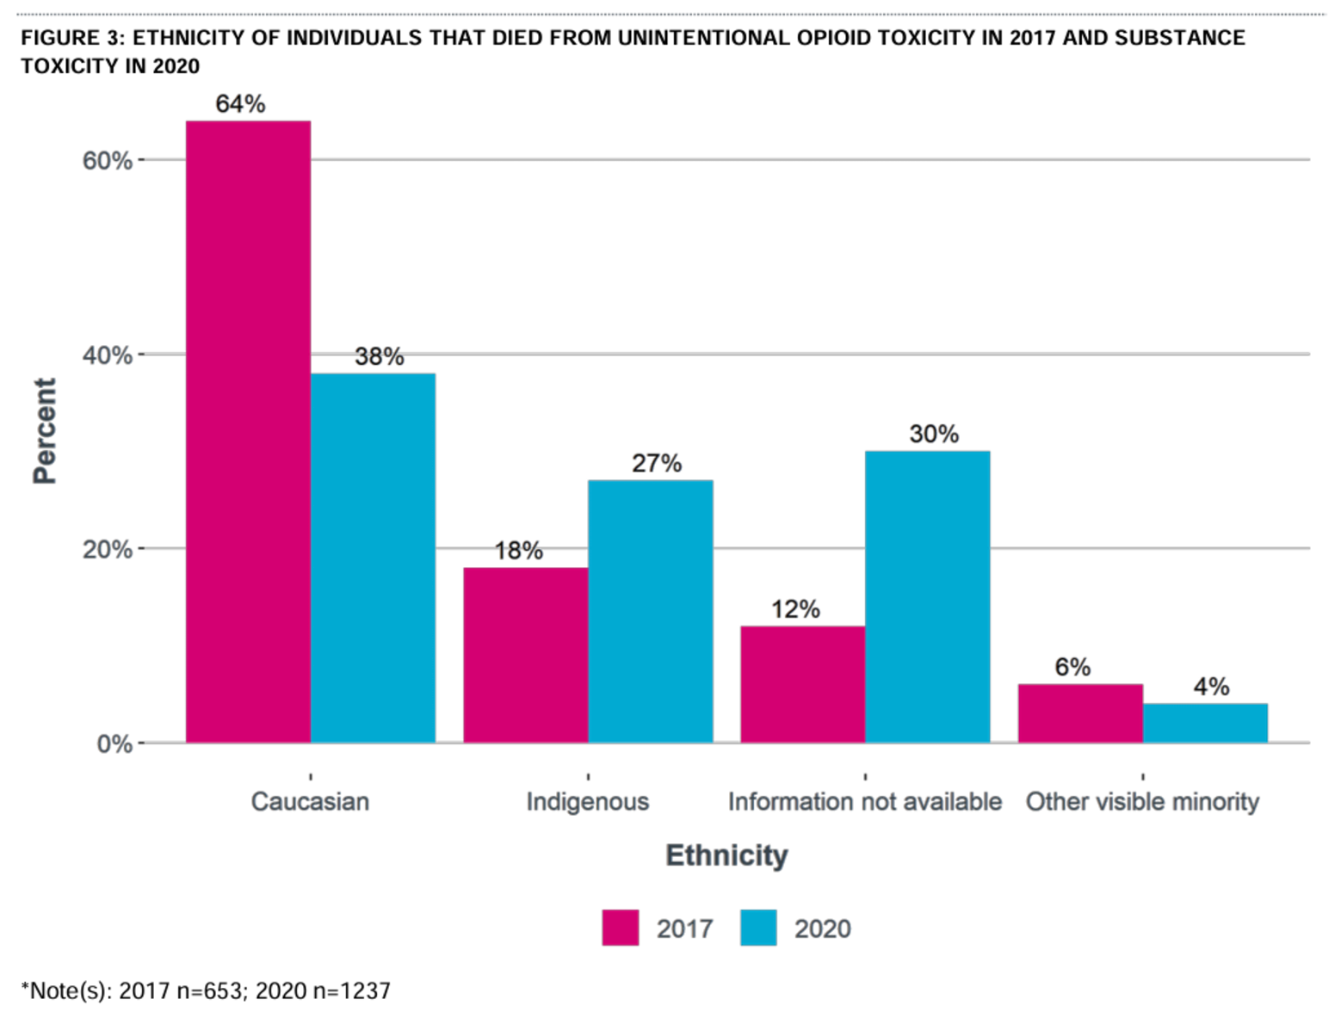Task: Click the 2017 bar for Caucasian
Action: [x=248, y=431]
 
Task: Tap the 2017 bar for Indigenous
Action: [x=525, y=655]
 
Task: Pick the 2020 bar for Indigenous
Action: [x=650, y=611]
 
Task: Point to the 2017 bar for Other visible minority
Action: [x=1080, y=713]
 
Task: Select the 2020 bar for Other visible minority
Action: [x=1205, y=723]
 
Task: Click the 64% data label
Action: [x=240, y=104]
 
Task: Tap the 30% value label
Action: [x=934, y=434]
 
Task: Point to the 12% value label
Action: [x=795, y=609]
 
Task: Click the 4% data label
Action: [x=1211, y=687]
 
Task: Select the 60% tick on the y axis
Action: [x=108, y=161]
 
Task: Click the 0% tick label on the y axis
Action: [x=114, y=743]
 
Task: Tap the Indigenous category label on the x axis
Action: [x=588, y=802]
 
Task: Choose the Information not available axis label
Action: [x=865, y=802]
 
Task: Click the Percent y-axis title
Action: [x=44, y=430]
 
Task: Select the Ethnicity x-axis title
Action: [x=726, y=855]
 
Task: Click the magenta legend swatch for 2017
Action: [x=621, y=928]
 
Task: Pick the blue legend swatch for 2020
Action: [x=758, y=928]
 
